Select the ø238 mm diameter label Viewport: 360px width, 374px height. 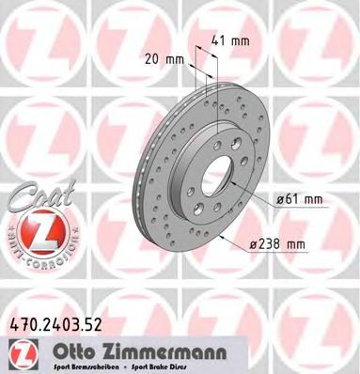(280, 245)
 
